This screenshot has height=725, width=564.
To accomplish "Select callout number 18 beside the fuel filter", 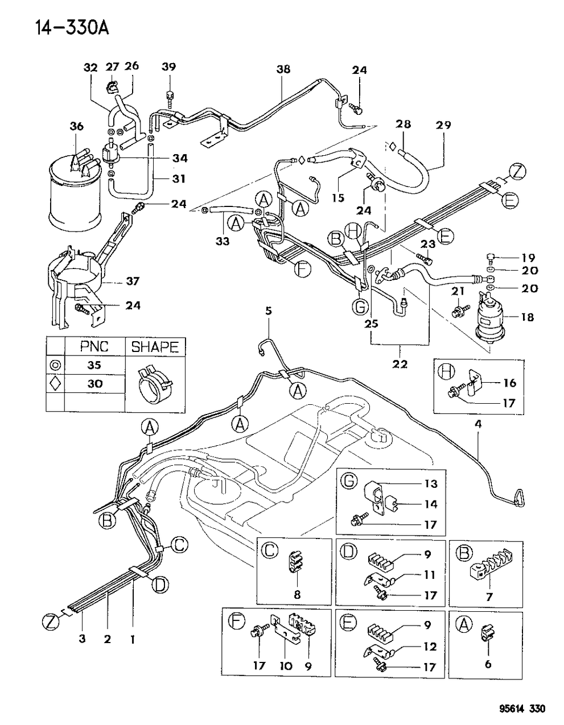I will click(x=527, y=317).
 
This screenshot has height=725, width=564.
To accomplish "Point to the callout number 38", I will click(x=283, y=69).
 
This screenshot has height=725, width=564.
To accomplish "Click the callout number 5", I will click(x=268, y=310).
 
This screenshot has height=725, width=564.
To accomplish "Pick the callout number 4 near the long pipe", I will click(x=478, y=423).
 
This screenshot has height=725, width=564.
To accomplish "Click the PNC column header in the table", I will click(x=94, y=347).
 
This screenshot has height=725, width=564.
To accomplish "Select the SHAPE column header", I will click(x=155, y=347).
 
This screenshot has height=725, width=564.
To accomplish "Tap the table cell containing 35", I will click(x=94, y=365).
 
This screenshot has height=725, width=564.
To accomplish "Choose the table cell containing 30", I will click(x=94, y=384).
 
